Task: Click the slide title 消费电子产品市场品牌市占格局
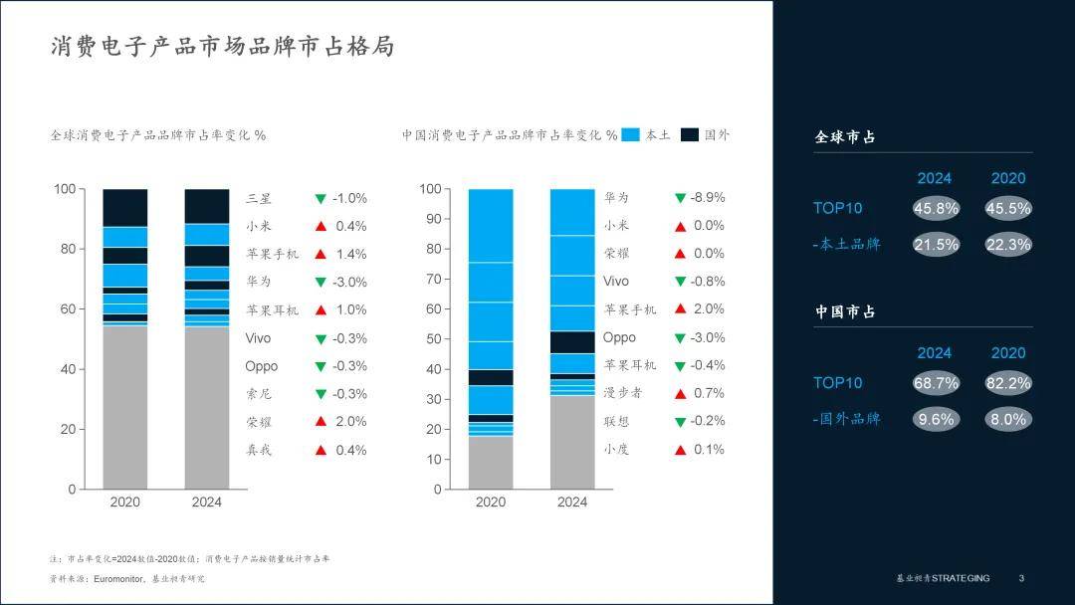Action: pos(222,47)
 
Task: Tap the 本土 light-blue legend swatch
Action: pos(630,135)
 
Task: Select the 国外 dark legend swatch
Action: pos(690,135)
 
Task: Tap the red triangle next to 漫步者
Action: pos(680,394)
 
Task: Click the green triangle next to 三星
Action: pos(321,199)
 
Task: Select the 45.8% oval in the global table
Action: pos(935,209)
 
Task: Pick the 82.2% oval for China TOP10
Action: pos(1007,383)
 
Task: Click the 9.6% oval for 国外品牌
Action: pos(935,419)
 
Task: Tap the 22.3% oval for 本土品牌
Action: pos(1007,245)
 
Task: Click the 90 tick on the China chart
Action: pos(430,219)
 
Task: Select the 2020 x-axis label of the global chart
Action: pos(124,503)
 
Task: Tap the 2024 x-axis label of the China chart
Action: pos(572,503)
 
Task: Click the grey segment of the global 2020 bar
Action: pos(124,408)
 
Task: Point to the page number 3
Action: pos(1020,578)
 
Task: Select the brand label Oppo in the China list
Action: pos(619,337)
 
